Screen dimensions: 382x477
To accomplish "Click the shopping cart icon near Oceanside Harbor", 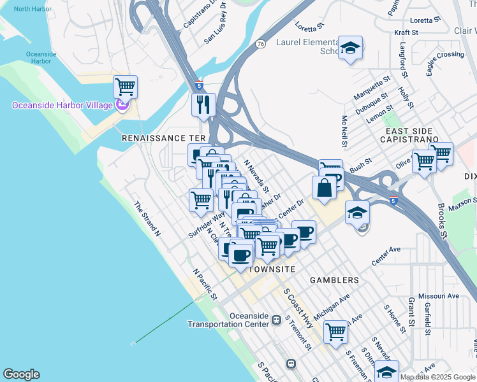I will tap(125, 85).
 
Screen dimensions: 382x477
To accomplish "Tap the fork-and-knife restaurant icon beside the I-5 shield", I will tap(203, 104).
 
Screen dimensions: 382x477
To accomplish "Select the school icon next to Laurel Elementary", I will tap(350, 48).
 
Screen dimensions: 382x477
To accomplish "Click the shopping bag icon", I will tap(324, 187).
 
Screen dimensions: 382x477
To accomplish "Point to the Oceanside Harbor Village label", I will tap(62, 105).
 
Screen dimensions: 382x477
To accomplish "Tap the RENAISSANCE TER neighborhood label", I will tap(164, 138).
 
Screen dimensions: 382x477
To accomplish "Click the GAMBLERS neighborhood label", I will tap(334, 280).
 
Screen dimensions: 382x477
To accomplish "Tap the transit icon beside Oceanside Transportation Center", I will tap(277, 320).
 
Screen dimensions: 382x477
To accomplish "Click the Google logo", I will tap(21, 374).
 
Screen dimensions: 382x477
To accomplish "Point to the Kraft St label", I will tap(406, 32).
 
